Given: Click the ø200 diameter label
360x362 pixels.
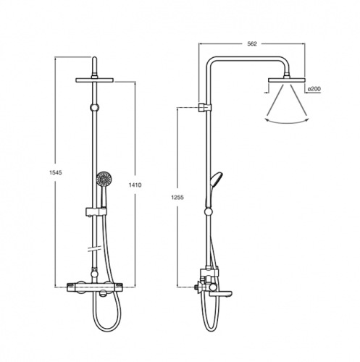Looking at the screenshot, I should tap(314, 88).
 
